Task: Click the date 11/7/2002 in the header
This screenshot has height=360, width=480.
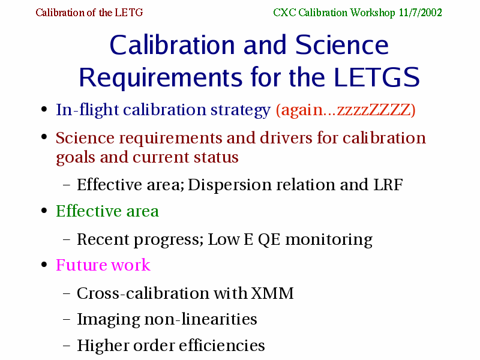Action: point(421,13)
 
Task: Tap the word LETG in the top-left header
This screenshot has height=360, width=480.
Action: point(129,13)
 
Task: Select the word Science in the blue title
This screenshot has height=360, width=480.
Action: point(342,45)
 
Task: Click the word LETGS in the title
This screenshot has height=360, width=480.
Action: point(377,77)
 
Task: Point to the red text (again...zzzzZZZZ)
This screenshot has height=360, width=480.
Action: point(346,110)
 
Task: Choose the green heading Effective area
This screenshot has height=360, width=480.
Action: point(107,211)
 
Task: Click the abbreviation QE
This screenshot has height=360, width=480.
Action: point(269,239)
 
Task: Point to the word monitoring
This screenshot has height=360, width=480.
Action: point(329,240)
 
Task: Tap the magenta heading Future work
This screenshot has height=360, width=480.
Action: point(103,265)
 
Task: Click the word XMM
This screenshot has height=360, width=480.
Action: point(272,293)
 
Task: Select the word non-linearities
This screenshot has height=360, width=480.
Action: point(200,319)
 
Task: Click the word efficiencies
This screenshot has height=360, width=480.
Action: point(221,345)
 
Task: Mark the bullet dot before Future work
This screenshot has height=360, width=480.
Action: point(44,265)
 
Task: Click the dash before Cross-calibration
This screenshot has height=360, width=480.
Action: point(67,293)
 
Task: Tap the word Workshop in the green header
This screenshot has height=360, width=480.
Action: point(373,13)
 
